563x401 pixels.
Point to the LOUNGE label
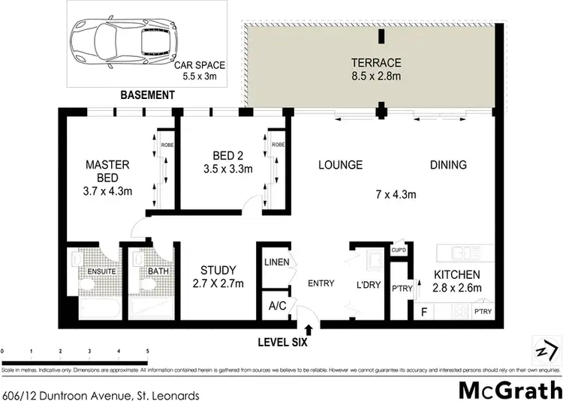[x=339, y=165]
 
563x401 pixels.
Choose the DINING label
[x=448, y=165]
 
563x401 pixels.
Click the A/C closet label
[x=271, y=307]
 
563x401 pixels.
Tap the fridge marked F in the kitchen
[x=424, y=310]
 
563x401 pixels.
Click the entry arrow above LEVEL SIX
[x=309, y=328]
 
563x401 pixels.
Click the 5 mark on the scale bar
[x=147, y=351]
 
